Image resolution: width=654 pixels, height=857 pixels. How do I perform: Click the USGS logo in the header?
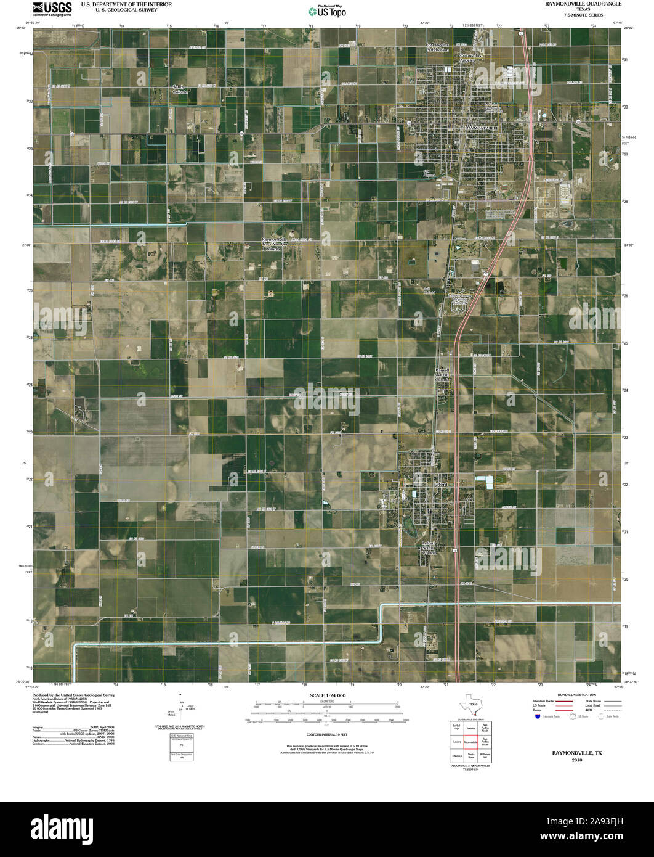click(52, 8)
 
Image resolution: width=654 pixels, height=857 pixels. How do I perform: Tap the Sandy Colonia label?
click(179, 89)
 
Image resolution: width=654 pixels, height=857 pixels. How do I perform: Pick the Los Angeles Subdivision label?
click(437, 47)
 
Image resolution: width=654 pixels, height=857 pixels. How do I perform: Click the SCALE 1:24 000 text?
click(327, 695)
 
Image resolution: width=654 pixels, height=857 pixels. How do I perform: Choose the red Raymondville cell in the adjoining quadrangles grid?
click(471, 743)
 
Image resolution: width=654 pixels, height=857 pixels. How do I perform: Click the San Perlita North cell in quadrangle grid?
click(485, 729)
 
